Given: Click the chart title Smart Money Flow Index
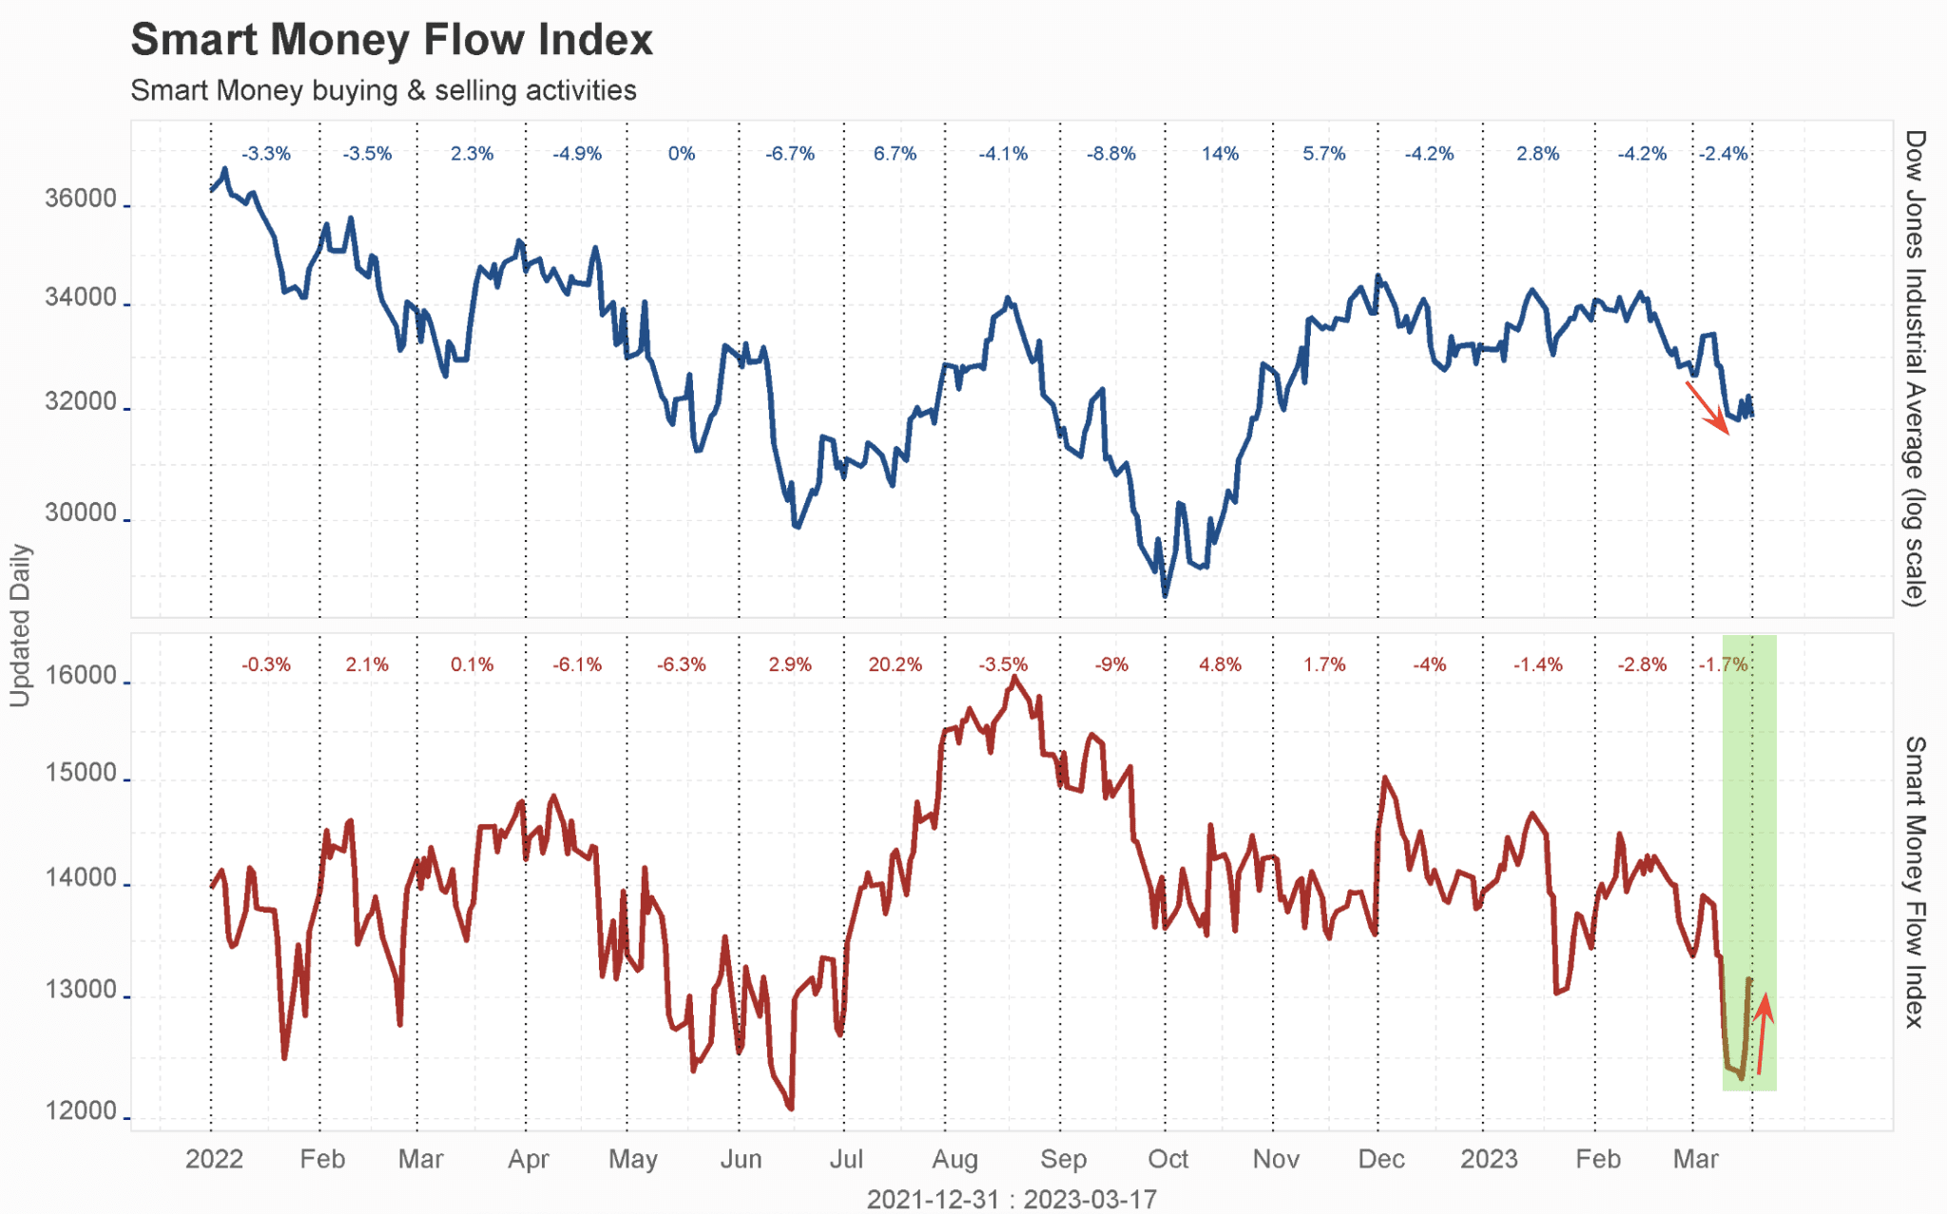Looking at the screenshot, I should click(392, 40).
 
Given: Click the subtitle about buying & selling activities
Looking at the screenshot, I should click(383, 90).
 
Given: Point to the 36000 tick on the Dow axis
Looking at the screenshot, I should click(81, 199).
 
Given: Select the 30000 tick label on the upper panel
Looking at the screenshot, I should click(81, 512).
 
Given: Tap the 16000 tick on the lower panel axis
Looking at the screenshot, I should click(81, 676).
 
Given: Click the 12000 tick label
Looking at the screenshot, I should click(81, 1110).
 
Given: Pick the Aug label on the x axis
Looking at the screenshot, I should click(954, 1159).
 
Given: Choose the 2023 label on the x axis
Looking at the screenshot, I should click(1489, 1159).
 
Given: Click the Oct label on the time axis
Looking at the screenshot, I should click(1167, 1159).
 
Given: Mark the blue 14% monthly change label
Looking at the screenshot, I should click(1220, 154).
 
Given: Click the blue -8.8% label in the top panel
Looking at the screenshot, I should click(1111, 154).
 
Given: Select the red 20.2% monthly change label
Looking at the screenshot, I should click(895, 665).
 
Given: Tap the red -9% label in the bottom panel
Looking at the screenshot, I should click(1111, 665).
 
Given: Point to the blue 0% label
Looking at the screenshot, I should click(682, 154).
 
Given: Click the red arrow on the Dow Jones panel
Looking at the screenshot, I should click(1707, 408).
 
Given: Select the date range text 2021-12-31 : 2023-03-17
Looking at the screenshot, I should click(1012, 1199).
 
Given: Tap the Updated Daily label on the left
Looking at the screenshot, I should click(20, 625).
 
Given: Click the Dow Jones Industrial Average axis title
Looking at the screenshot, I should click(1915, 368).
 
